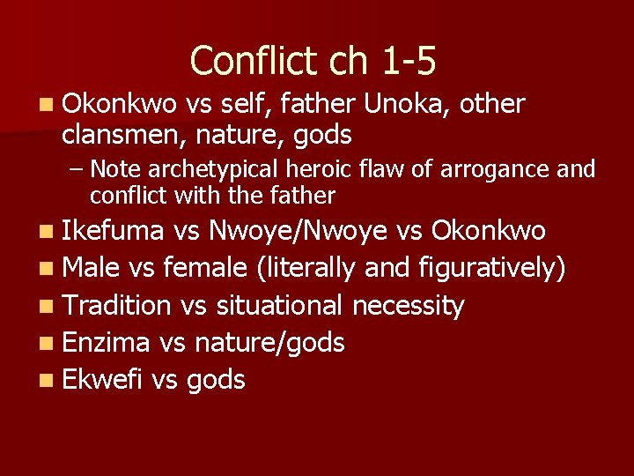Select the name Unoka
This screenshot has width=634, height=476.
tap(404, 105)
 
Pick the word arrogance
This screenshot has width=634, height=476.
tap(505, 168)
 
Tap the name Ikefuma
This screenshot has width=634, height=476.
tap(114, 231)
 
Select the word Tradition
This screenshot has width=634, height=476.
tap(117, 305)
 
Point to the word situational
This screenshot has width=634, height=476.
tap(279, 305)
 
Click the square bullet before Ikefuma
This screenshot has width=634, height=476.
tap(47, 232)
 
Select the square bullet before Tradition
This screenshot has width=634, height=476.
tap(47, 306)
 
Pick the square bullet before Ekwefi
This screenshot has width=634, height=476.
tap(47, 380)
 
